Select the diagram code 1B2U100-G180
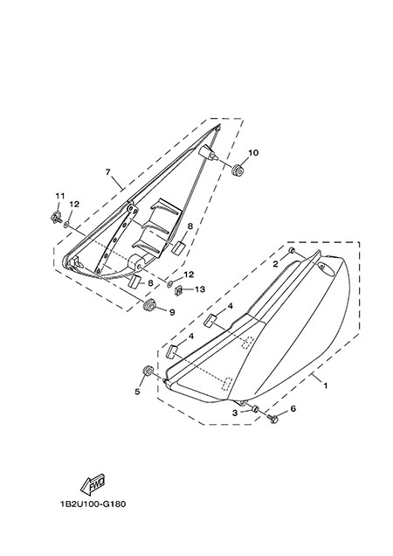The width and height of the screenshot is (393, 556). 93,504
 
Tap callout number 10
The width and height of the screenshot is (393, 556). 253,153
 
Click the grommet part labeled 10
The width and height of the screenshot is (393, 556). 238,170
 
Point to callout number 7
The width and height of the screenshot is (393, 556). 107,172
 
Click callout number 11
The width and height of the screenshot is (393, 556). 60,196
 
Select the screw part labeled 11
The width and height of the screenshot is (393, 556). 57,217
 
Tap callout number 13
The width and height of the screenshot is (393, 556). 200,289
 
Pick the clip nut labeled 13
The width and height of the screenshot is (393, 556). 179,291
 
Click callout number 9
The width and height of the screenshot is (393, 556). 172,312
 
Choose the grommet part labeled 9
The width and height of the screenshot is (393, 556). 150,305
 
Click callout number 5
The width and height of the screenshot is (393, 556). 137,392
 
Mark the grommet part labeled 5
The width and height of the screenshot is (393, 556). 148,371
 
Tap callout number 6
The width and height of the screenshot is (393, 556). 293,408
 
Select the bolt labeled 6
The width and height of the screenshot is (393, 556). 272,420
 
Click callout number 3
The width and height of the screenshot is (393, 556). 235,413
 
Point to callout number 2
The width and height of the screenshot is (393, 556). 275,263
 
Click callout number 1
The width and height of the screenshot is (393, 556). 326,385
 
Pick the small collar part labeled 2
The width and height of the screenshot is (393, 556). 292,250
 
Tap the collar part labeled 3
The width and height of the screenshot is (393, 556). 255,409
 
